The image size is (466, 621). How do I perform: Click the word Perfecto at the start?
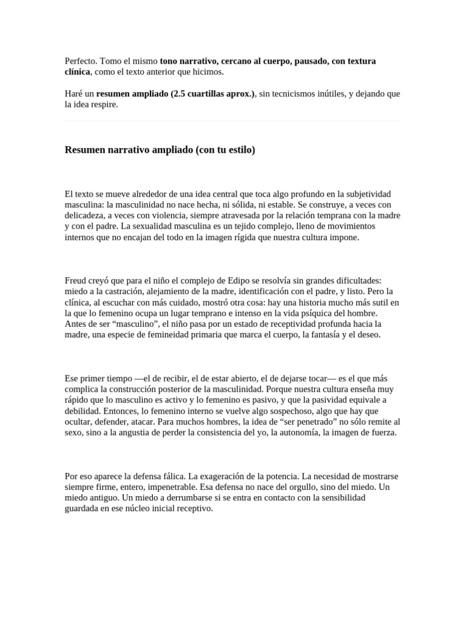pyautogui.click(x=81, y=61)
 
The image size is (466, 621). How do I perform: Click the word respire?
pyautogui.click(x=103, y=104)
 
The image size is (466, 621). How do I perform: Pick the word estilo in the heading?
pyautogui.click(x=238, y=150)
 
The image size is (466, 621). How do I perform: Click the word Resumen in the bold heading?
pyautogui.click(x=84, y=150)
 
